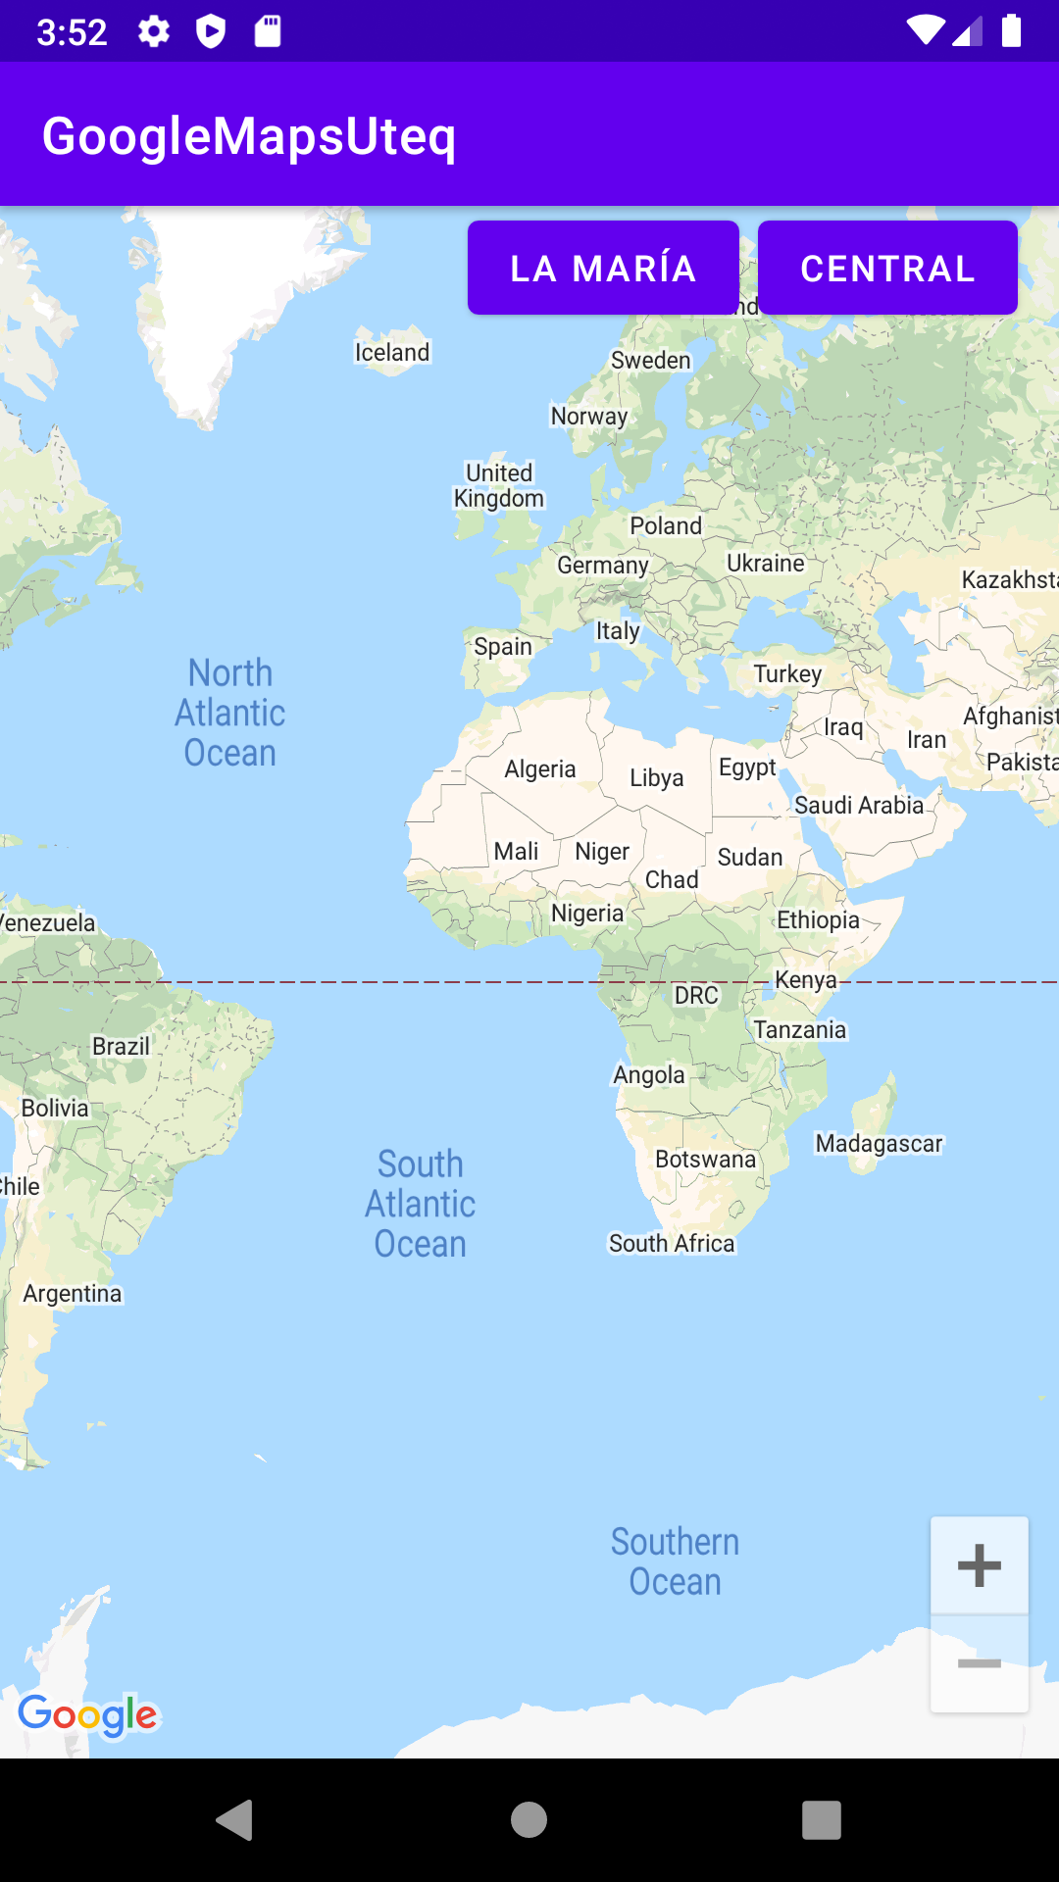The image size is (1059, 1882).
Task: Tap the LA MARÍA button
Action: [x=603, y=268]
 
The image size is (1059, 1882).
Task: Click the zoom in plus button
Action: [x=979, y=1565]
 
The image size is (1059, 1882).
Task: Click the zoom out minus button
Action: [x=979, y=1663]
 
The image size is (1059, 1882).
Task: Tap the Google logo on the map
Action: [x=88, y=1715]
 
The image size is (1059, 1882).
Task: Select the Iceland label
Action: [x=392, y=352]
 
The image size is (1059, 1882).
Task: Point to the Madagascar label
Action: [x=879, y=1143]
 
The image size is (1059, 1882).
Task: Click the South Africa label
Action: [x=672, y=1243]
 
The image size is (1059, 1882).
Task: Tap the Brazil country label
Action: [x=121, y=1046]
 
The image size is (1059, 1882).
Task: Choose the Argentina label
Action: [x=73, y=1293]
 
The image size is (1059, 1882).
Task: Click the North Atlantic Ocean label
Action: [x=230, y=713]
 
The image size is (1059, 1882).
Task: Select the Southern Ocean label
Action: [x=675, y=1561]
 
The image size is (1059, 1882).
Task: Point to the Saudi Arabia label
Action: [x=859, y=805]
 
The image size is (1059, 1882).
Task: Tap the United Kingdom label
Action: [x=499, y=485]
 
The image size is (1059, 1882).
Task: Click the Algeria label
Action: [x=539, y=768]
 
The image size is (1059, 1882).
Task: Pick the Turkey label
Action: [x=787, y=673]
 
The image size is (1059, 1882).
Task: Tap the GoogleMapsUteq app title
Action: [x=249, y=135]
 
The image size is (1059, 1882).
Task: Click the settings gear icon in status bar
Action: [x=154, y=31]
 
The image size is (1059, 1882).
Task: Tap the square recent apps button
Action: [x=822, y=1820]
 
